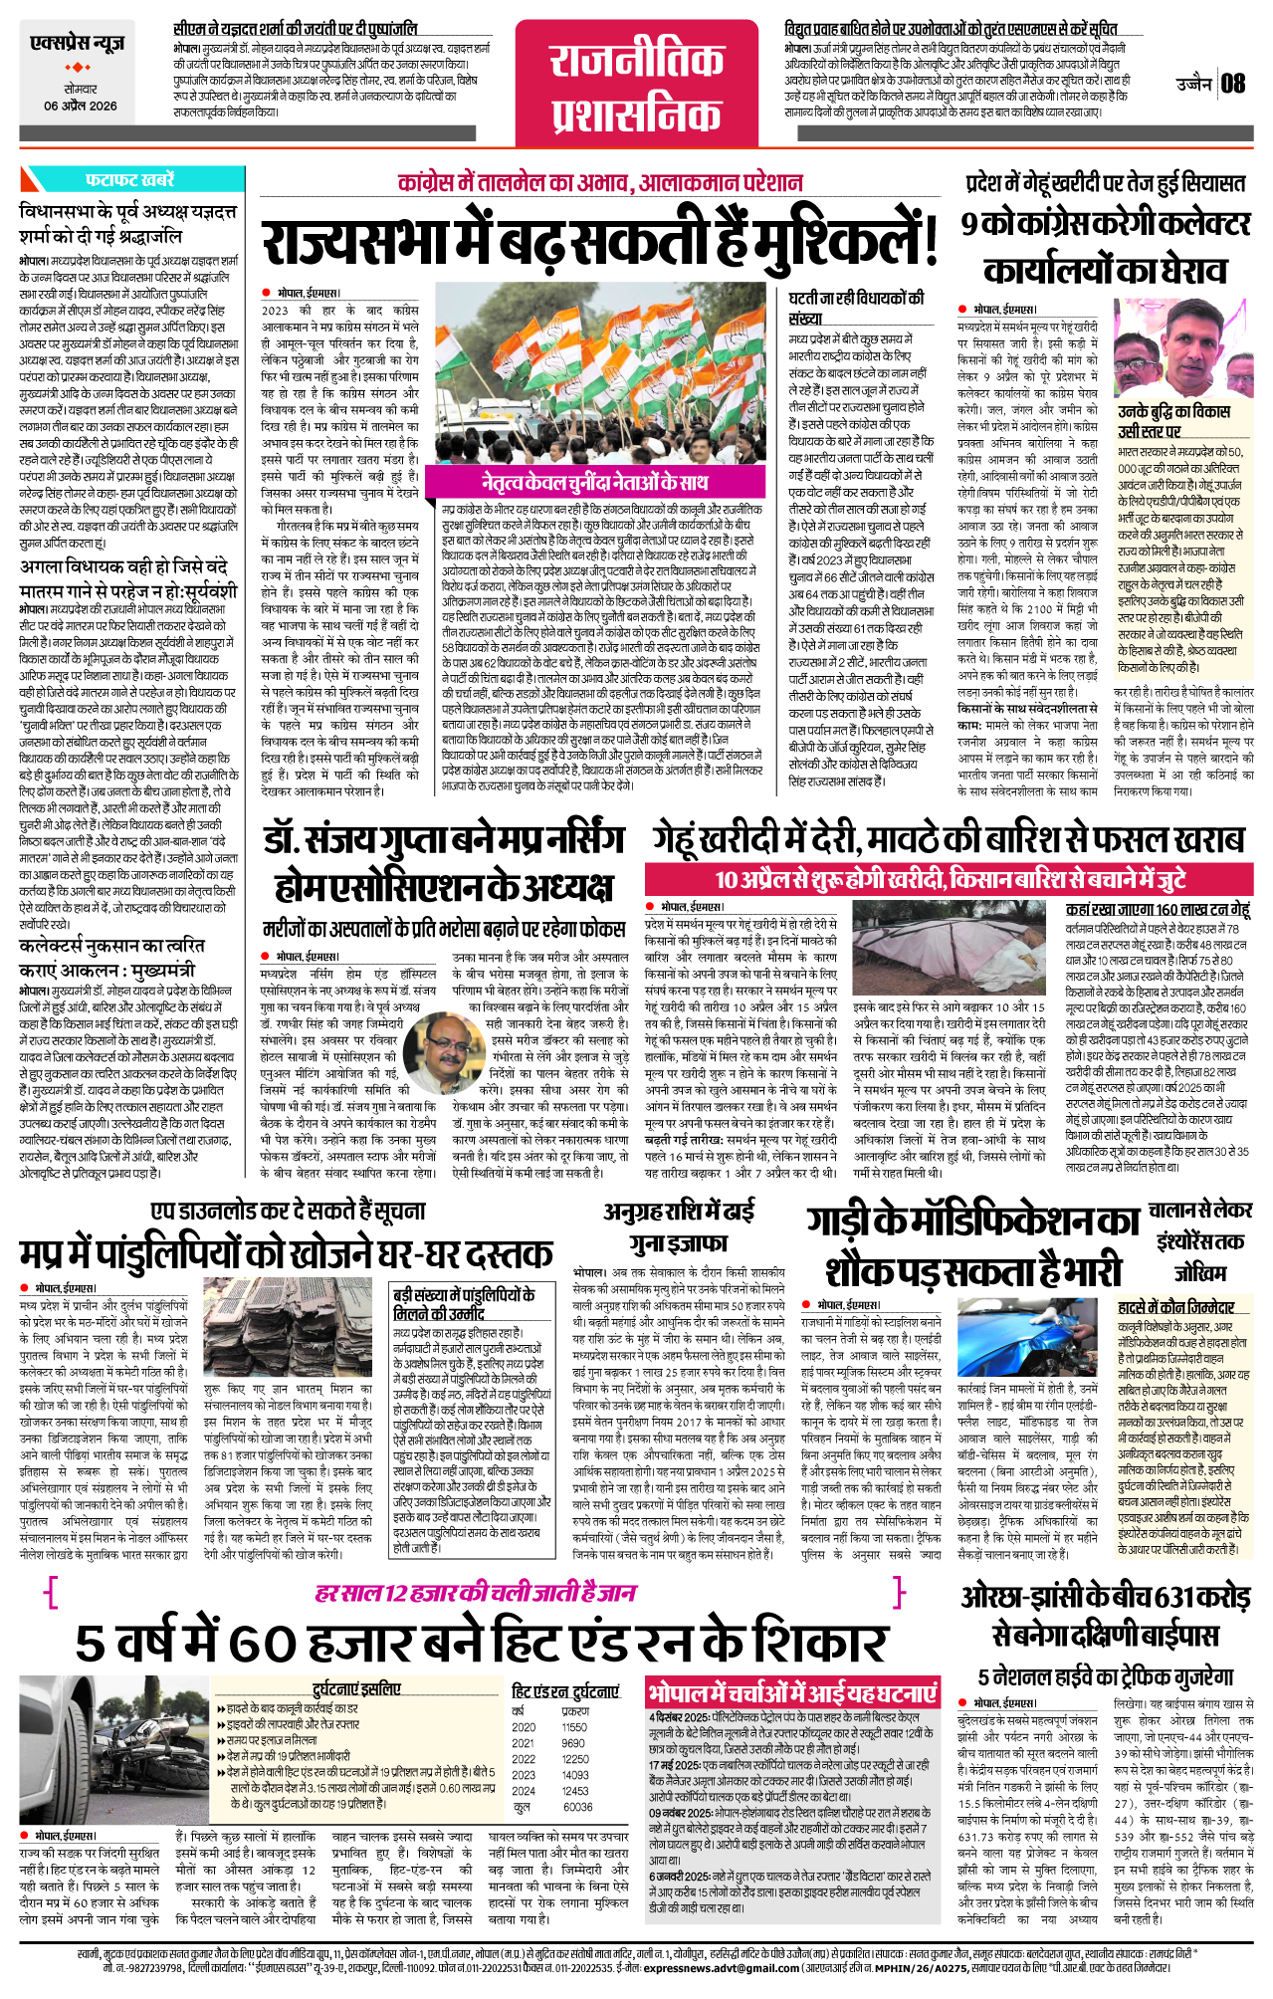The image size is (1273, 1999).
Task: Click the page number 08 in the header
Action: pos(1233,84)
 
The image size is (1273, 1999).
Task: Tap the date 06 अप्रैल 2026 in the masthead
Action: pos(80,106)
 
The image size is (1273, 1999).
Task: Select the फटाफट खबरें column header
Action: pos(130,179)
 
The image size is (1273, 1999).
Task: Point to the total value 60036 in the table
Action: pos(578,1806)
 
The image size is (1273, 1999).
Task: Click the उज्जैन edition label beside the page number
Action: pos(1192,84)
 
